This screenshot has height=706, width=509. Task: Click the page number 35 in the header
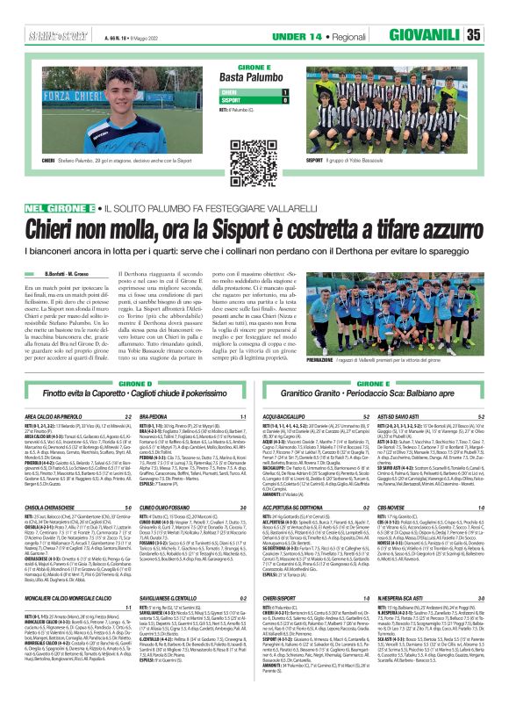(x=496, y=34)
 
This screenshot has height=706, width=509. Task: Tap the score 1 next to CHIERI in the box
(x=283, y=91)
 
